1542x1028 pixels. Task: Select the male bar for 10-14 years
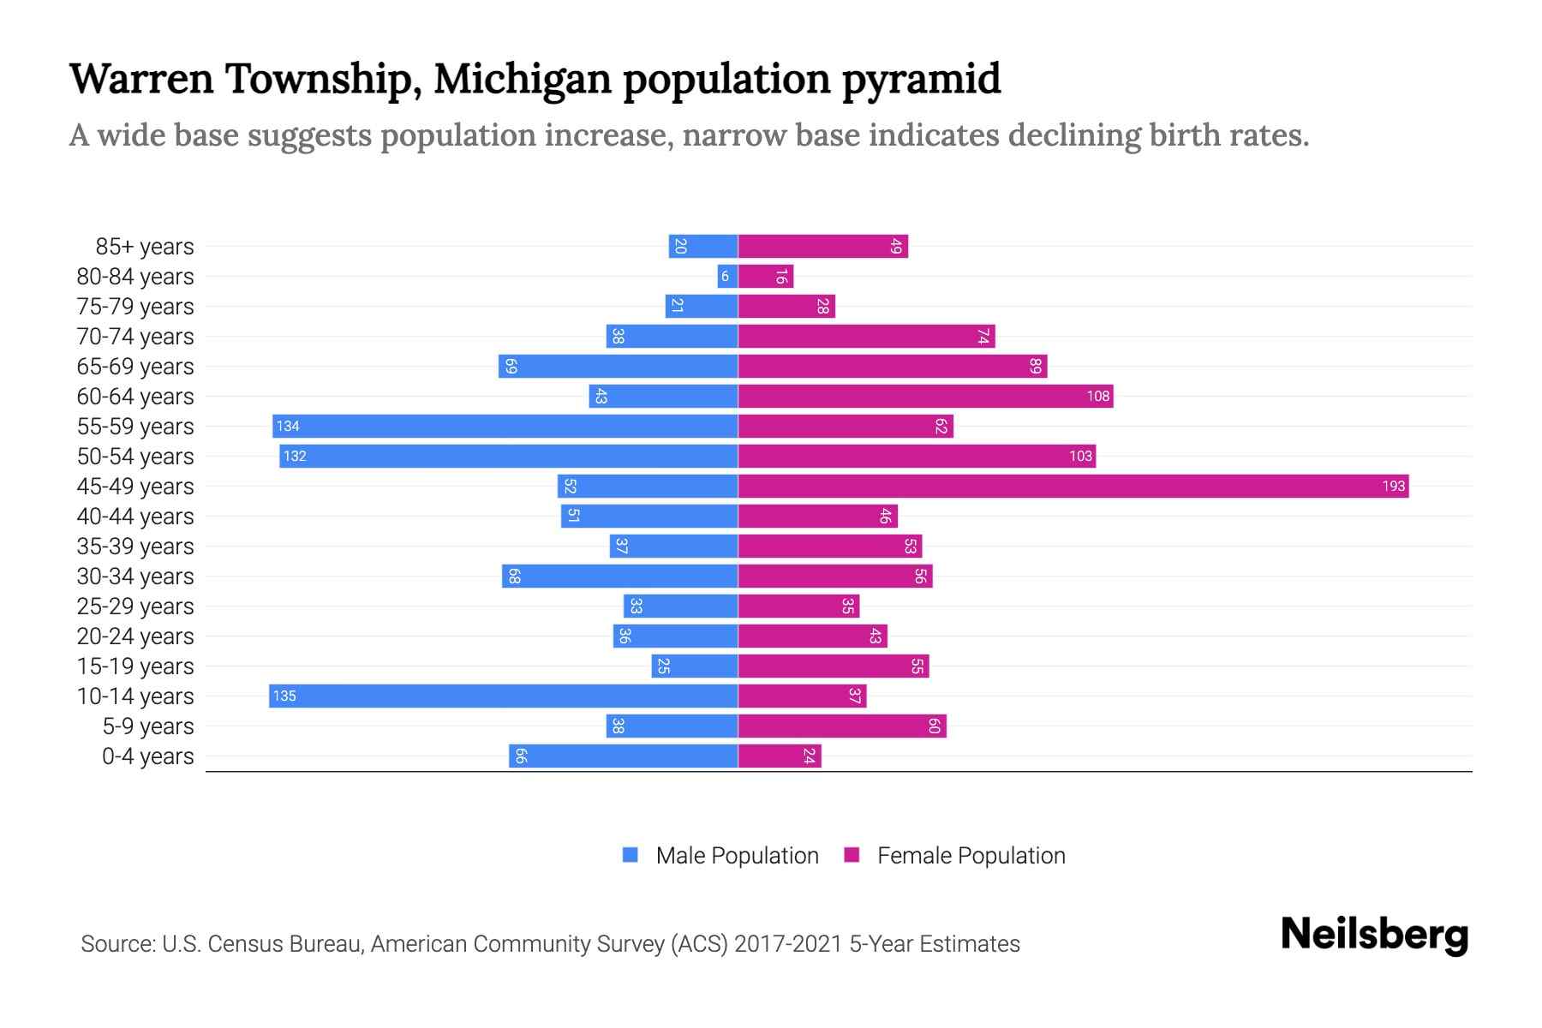coord(504,696)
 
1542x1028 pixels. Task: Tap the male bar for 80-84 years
coord(727,277)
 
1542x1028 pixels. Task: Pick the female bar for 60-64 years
coord(925,397)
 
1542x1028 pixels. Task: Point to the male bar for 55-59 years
coord(505,427)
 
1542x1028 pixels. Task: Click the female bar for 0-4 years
coord(780,756)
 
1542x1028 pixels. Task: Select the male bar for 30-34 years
coord(620,577)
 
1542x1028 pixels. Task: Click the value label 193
coord(1393,487)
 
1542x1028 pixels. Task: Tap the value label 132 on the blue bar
coord(295,457)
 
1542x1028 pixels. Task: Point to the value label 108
coord(1097,397)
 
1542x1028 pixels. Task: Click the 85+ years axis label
coord(145,247)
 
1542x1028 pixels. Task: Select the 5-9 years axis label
coord(148,726)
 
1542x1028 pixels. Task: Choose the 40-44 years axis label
coord(135,517)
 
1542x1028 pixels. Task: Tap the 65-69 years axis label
coord(135,367)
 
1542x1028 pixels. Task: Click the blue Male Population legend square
coord(631,855)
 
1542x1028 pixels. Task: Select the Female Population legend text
coord(971,856)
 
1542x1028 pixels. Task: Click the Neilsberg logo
coord(1374,935)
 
